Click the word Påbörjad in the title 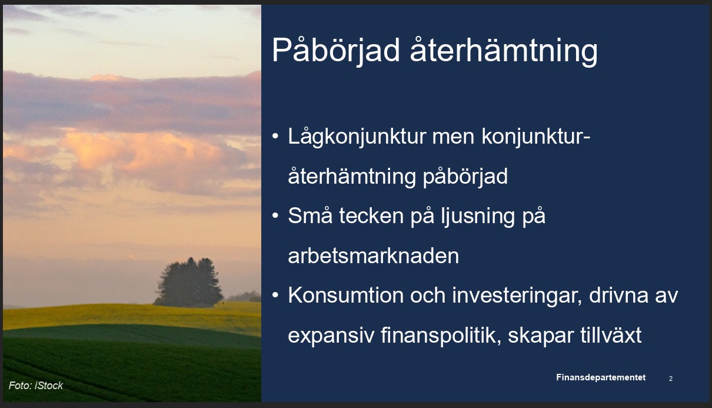[x=335, y=51]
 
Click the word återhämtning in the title [x=504, y=51]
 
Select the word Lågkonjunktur [x=357, y=137]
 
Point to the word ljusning [x=478, y=217]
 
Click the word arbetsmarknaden [x=374, y=256]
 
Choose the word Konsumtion [x=346, y=296]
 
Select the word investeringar [x=517, y=296]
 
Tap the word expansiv [x=331, y=336]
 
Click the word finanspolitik [x=441, y=335]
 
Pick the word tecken [x=371, y=216]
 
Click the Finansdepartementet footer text [x=601, y=377]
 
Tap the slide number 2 [x=671, y=379]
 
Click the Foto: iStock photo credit [x=35, y=386]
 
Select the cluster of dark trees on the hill [x=188, y=282]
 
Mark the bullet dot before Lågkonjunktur [x=275, y=136]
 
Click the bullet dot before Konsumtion [x=275, y=295]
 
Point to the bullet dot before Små [x=275, y=215]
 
